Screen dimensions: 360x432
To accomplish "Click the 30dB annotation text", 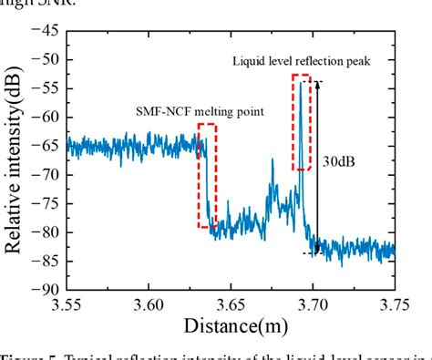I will (x=339, y=160).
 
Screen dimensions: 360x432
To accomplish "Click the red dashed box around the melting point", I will (x=208, y=175).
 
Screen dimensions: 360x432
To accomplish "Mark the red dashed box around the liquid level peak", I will (x=302, y=122).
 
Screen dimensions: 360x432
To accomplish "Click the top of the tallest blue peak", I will (x=301, y=84).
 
